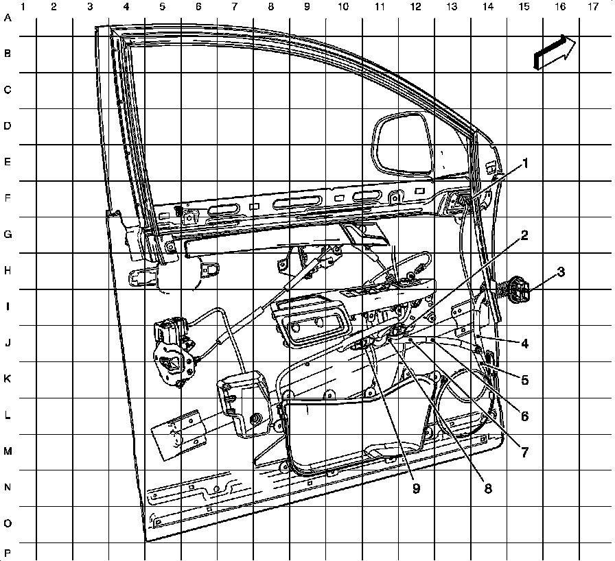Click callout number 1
(526, 163)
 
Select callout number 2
(524, 235)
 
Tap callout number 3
(561, 272)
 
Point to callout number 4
(524, 343)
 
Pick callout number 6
(524, 416)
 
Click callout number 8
(488, 488)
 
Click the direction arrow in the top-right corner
(554, 52)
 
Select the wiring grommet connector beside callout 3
(518, 290)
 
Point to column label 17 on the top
(592, 7)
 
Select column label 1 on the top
(24, 7)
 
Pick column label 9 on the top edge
(306, 7)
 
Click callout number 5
(524, 379)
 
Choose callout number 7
(524, 452)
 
